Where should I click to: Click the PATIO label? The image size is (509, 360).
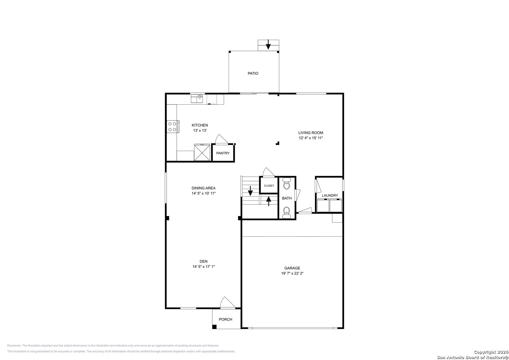(253, 73)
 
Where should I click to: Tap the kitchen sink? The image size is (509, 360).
(197, 99)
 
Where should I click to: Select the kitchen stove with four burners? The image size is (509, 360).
(173, 127)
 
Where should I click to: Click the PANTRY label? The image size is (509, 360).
(223, 153)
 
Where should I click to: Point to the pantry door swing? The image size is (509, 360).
(221, 139)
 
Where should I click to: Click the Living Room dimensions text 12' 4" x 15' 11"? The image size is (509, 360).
(311, 138)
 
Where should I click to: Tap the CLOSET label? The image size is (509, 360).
(269, 186)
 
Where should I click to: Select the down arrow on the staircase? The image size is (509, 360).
(250, 191)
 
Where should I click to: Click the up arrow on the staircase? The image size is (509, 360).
(269, 201)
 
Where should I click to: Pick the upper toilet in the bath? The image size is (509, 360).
(287, 184)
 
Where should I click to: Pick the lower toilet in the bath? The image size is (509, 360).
(287, 213)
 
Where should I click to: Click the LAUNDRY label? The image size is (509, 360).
(330, 195)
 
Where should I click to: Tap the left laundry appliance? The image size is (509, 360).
(323, 205)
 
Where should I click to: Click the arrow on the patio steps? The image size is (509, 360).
(268, 45)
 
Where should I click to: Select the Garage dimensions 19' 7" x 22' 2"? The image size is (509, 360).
(292, 273)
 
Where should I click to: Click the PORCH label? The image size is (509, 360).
(225, 319)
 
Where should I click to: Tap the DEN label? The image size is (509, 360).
(204, 261)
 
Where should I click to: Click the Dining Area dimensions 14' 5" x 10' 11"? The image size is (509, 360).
(204, 193)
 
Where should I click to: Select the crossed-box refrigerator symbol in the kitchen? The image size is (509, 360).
(202, 153)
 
